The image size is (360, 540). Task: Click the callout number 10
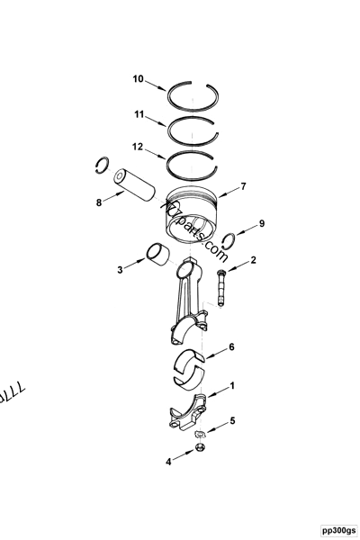pyautogui.click(x=139, y=79)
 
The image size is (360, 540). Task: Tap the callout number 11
pyautogui.click(x=139, y=114)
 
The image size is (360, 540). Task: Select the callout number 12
pyautogui.click(x=138, y=146)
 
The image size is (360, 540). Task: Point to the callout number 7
pyautogui.click(x=242, y=188)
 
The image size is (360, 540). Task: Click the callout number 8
pyautogui.click(x=100, y=203)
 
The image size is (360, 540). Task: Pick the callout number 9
pyautogui.click(x=262, y=222)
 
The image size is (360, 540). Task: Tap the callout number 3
pyautogui.click(x=120, y=268)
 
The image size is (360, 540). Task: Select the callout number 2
pyautogui.click(x=253, y=261)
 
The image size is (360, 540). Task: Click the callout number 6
pyautogui.click(x=231, y=346)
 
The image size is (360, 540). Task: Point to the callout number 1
pyautogui.click(x=232, y=385)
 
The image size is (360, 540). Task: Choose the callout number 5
pyautogui.click(x=232, y=421)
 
